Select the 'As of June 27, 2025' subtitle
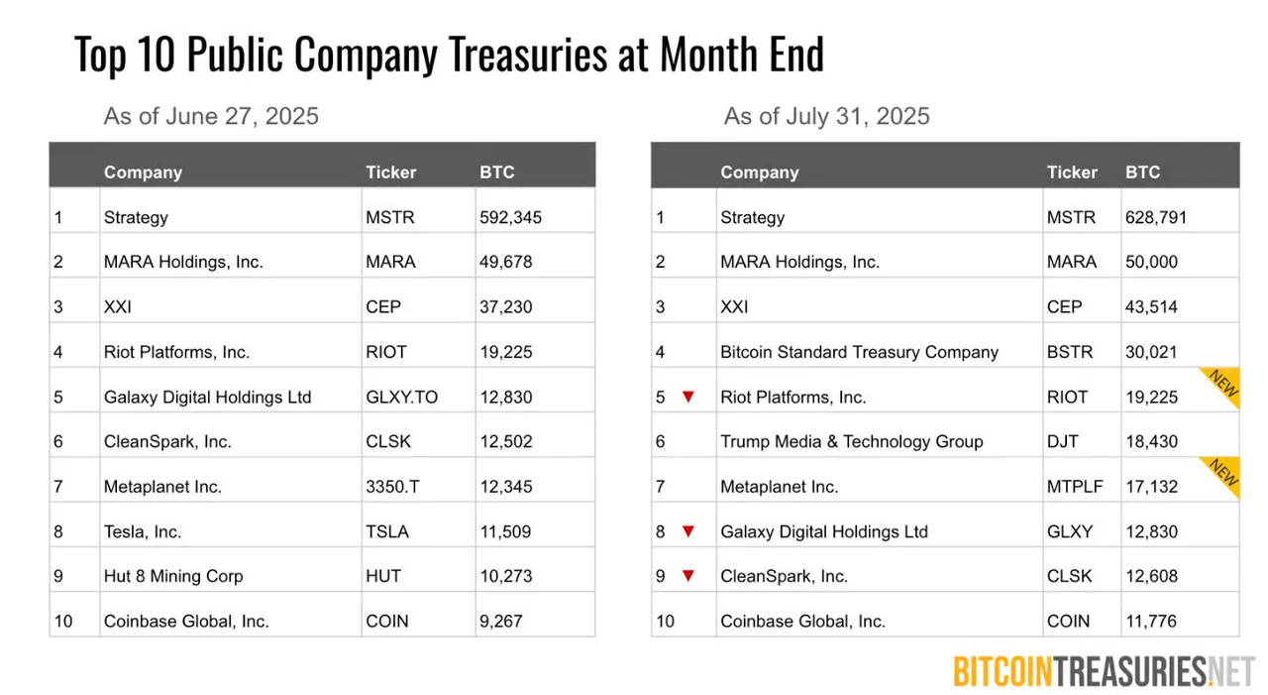click(211, 116)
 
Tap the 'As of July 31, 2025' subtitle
click(826, 116)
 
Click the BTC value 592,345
click(510, 217)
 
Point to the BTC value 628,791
click(1155, 217)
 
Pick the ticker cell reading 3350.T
click(393, 487)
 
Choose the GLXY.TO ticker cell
click(401, 397)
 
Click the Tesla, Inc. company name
click(143, 531)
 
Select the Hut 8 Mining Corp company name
click(173, 576)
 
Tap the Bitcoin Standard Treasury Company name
click(859, 352)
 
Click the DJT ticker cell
click(1062, 441)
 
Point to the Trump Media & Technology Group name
click(851, 441)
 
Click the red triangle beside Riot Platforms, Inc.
click(688, 397)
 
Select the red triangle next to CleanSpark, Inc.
click(688, 576)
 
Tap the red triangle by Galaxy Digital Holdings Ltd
click(688, 531)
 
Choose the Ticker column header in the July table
click(1072, 172)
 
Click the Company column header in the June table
click(143, 172)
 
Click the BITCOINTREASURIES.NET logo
click(1104, 671)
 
